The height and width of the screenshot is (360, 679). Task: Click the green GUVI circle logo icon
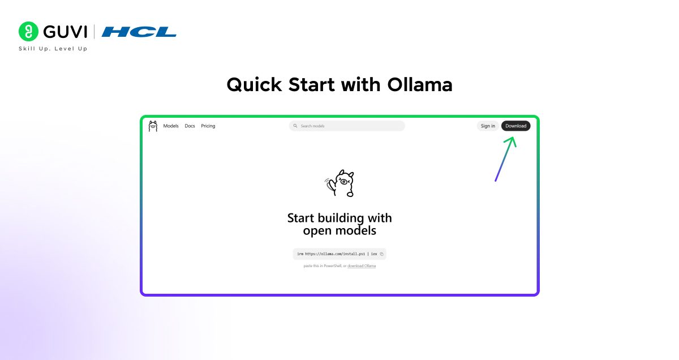click(x=28, y=32)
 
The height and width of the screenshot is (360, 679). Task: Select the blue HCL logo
click(x=139, y=32)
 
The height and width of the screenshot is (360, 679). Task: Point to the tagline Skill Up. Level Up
click(x=53, y=49)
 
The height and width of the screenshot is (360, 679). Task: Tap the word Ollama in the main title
click(x=420, y=85)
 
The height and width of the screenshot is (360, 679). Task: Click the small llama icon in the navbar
click(x=153, y=126)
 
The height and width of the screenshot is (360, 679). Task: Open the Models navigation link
click(x=171, y=126)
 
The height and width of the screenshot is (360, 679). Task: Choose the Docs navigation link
click(x=190, y=126)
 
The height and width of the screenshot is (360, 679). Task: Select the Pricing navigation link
click(x=208, y=126)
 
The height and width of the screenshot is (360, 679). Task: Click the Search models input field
click(x=351, y=126)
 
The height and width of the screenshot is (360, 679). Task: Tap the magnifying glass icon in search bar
click(x=295, y=126)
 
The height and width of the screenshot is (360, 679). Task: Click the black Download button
click(x=515, y=126)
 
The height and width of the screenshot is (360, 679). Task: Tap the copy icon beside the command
click(x=382, y=254)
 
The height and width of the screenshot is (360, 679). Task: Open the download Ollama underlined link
click(x=362, y=266)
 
